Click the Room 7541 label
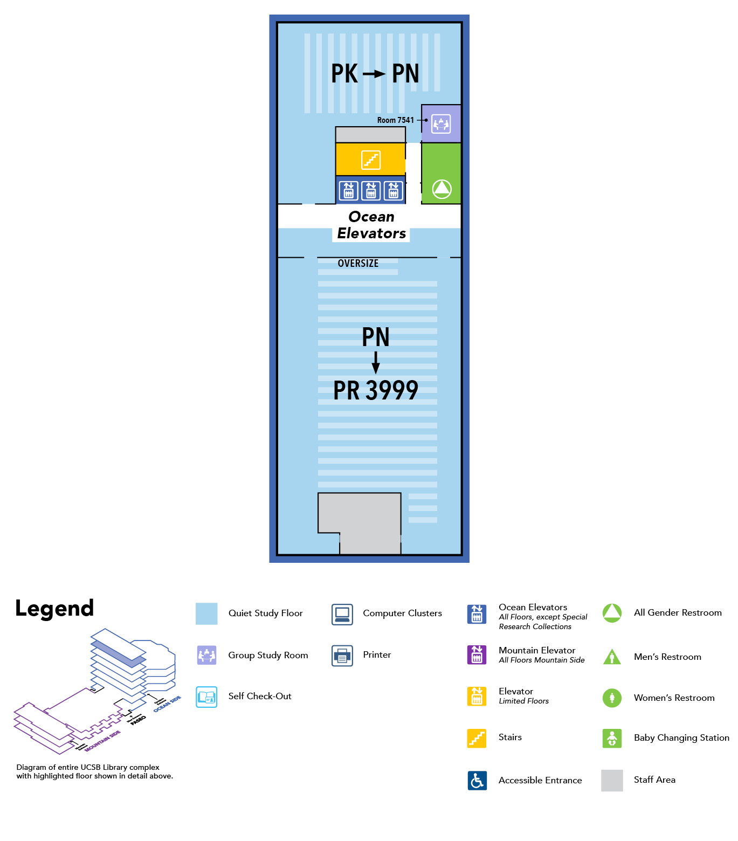click(395, 120)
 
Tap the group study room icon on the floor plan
click(441, 124)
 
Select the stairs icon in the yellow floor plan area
click(371, 160)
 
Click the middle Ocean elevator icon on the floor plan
click(371, 191)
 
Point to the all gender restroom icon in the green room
click(442, 189)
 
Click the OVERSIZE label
click(358, 264)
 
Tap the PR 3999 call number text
click(376, 390)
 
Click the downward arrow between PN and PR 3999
click(376, 362)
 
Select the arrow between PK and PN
click(374, 74)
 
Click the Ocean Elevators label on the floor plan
click(371, 225)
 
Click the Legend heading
click(54, 609)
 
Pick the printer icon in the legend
click(342, 656)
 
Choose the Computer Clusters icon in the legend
click(342, 614)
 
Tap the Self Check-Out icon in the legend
click(206, 697)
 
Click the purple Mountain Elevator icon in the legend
click(477, 654)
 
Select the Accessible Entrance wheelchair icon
click(477, 780)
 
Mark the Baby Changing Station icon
click(612, 738)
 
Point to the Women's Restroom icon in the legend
click(612, 698)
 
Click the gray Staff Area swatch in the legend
click(612, 780)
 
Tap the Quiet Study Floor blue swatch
click(206, 613)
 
